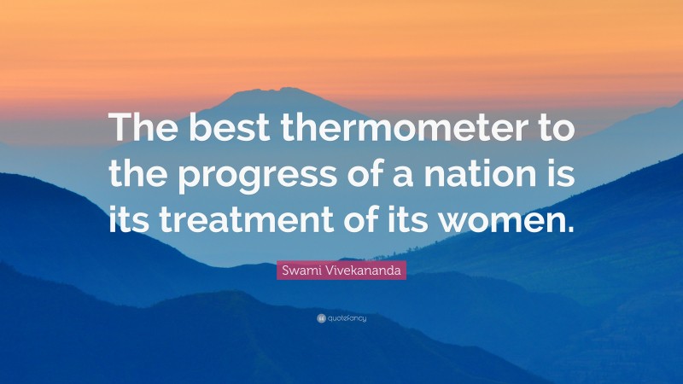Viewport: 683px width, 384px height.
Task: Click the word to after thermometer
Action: click(550, 131)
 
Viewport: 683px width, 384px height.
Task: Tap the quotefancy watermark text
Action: click(347, 318)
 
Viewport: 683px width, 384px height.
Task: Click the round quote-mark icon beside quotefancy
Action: click(321, 318)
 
